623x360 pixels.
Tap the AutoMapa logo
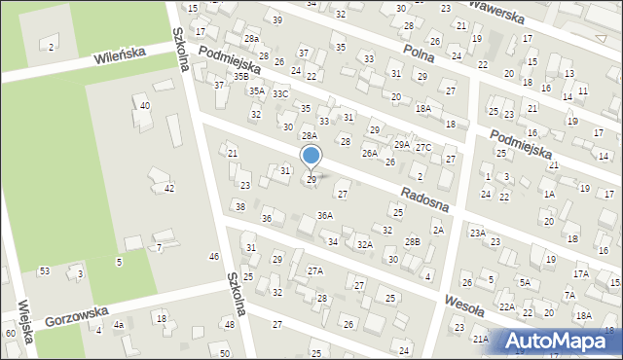tap(556, 341)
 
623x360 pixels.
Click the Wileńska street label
tap(120, 58)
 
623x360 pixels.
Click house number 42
tap(169, 188)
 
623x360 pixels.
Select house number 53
tap(45, 270)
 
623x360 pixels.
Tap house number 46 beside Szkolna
tap(214, 256)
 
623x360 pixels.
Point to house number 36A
tap(325, 216)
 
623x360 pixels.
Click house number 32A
tap(364, 245)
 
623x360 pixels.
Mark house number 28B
tap(413, 241)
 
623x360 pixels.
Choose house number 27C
tap(423, 147)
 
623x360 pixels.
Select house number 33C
tap(280, 94)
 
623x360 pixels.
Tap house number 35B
tap(240, 75)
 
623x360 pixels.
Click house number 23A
tap(477, 233)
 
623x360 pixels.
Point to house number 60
tap(10, 334)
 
